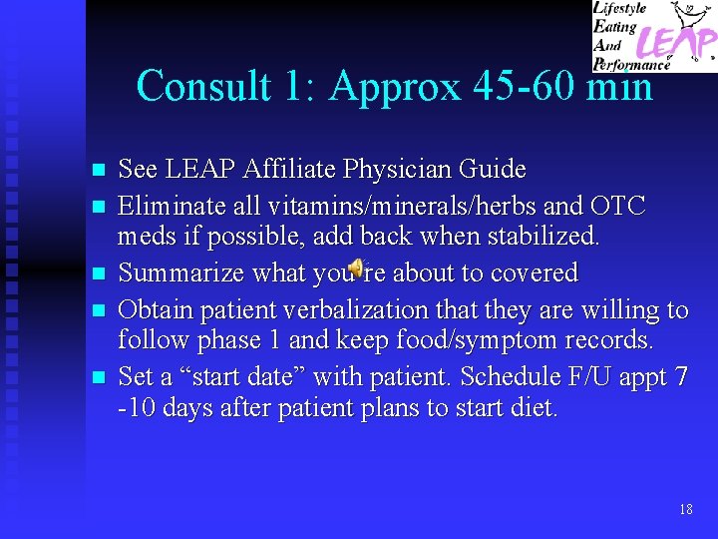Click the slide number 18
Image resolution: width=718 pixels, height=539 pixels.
click(685, 509)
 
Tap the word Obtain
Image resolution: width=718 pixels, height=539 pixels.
click(156, 309)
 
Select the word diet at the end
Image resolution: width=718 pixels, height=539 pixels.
click(536, 408)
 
